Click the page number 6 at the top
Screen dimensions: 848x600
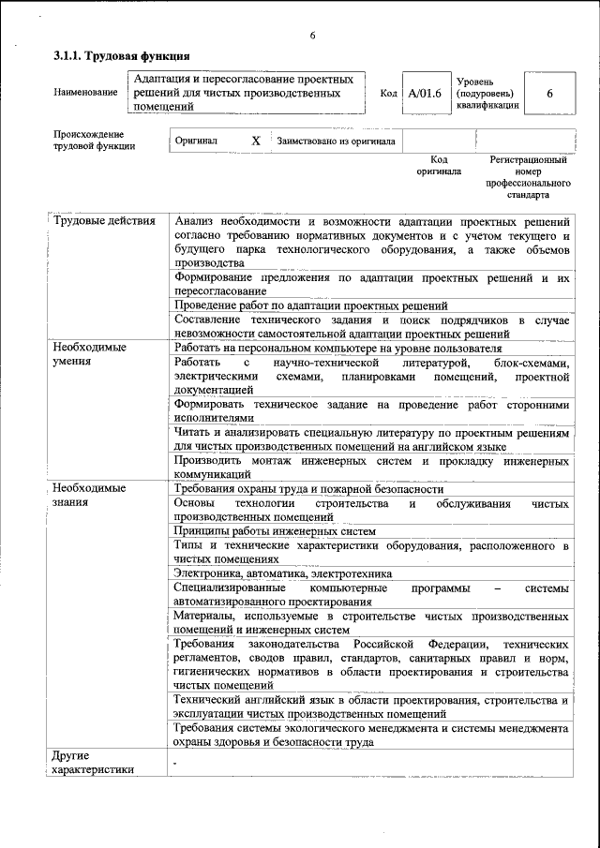point(312,36)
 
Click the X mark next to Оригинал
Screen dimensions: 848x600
point(255,141)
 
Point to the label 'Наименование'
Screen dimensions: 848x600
point(86,93)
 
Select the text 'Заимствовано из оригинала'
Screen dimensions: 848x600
point(335,141)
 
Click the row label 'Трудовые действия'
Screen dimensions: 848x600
point(104,221)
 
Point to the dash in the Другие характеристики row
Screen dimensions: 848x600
point(174,762)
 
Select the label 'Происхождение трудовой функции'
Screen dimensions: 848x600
point(94,141)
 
